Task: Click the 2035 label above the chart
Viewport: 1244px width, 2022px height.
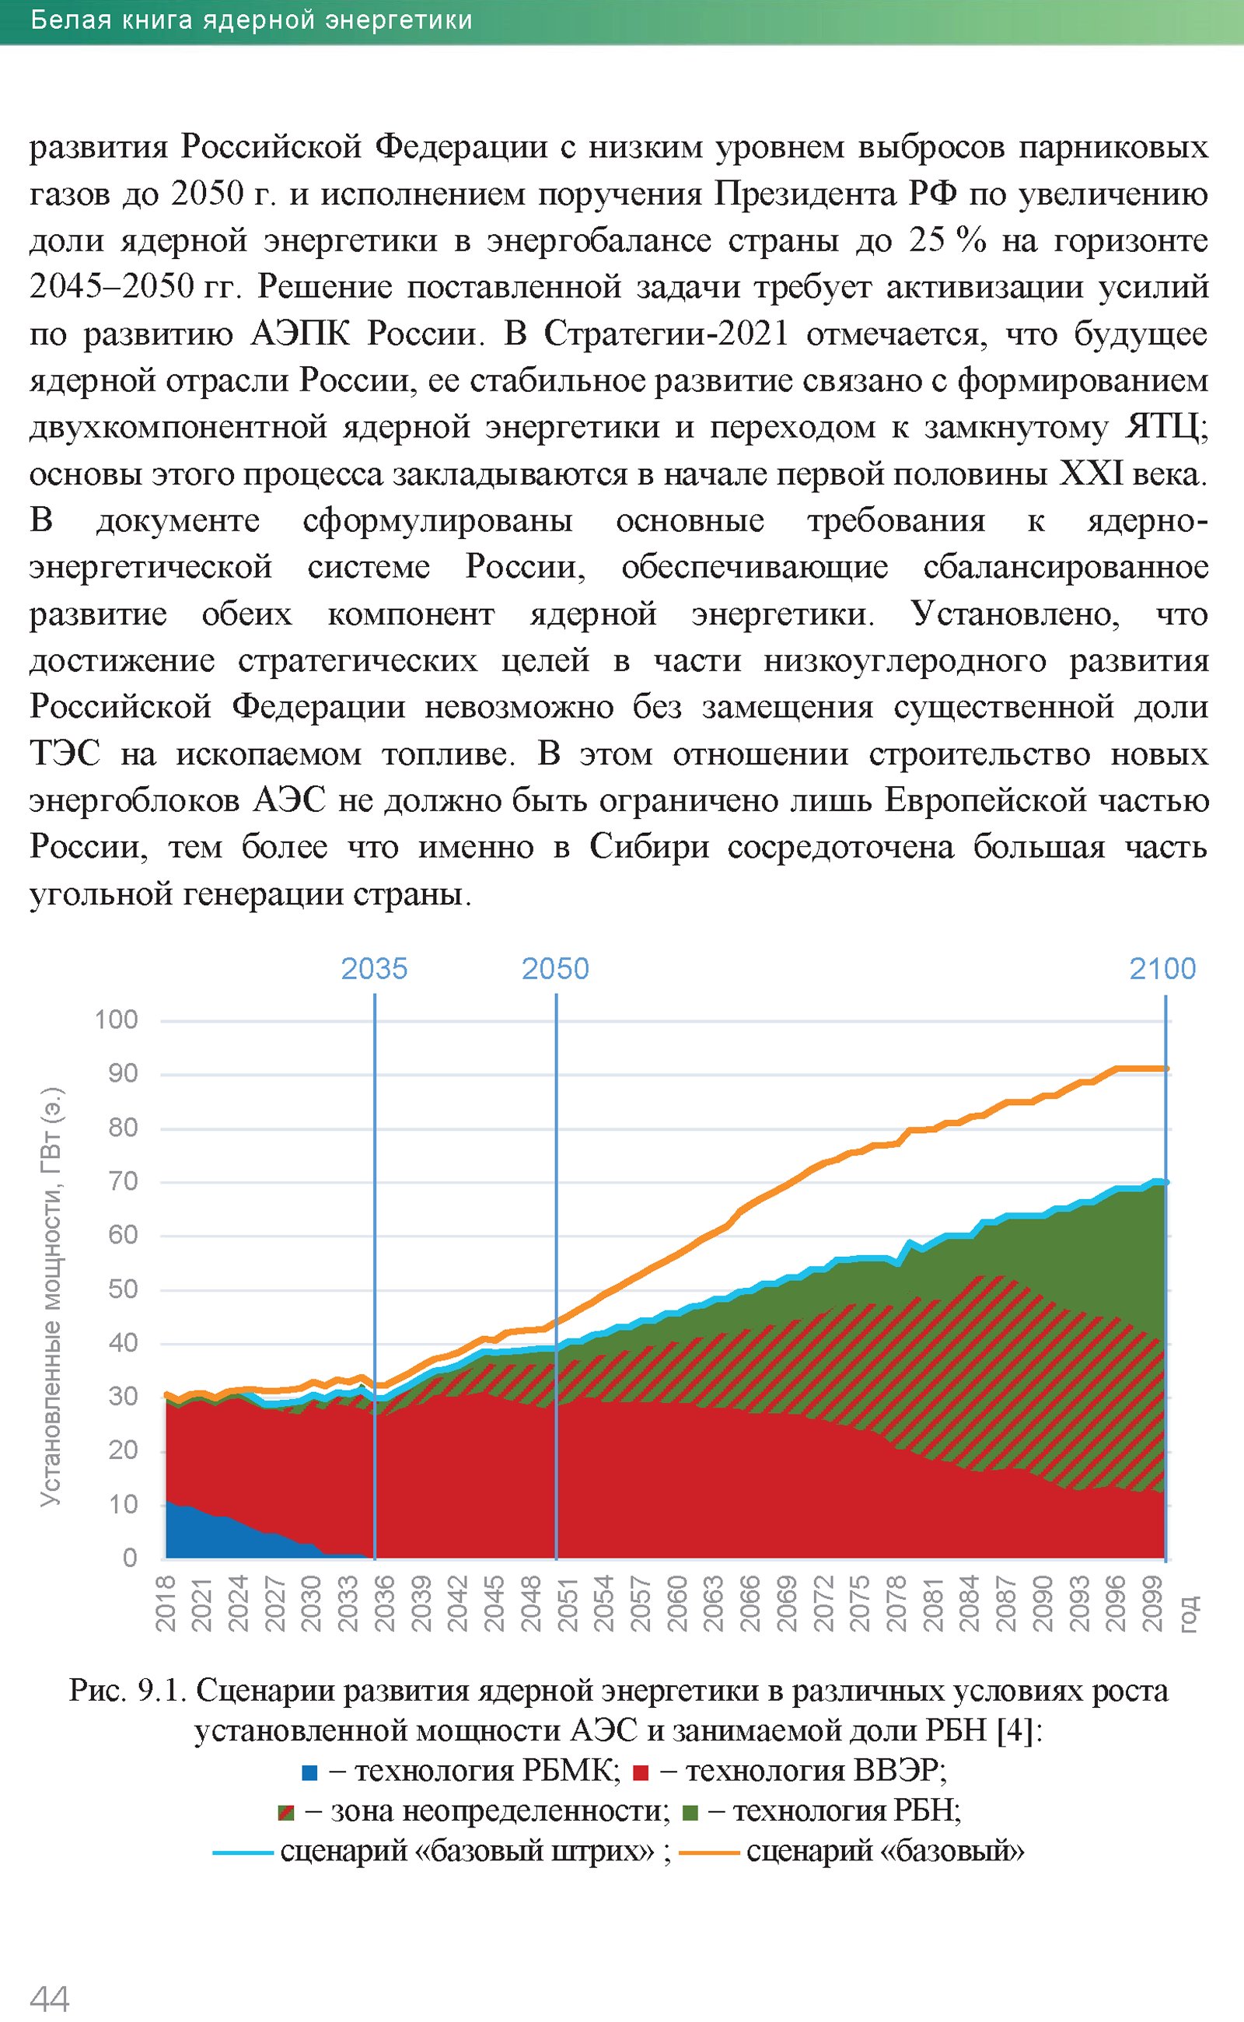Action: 374,969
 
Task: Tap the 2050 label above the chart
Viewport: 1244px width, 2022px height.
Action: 555,969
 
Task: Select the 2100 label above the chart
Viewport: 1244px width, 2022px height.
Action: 1162,969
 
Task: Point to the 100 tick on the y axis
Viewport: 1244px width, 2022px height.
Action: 116,1020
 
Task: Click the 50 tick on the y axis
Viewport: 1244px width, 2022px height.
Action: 123,1289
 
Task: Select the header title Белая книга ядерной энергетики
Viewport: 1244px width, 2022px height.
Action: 252,20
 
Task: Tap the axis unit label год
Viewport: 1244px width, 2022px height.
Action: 1189,1613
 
